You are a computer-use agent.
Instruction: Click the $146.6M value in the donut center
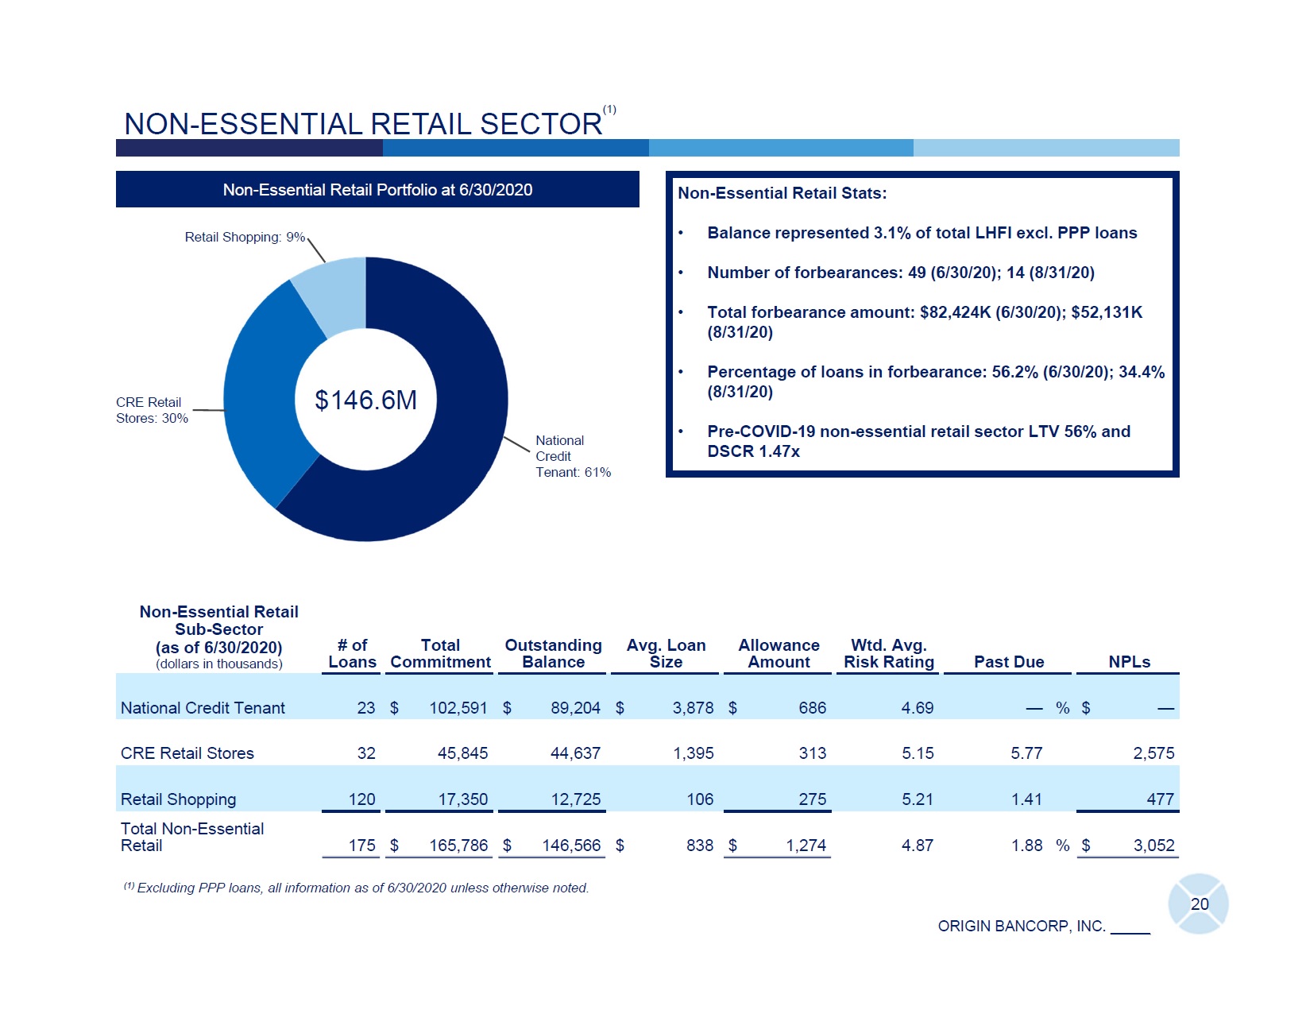(365, 400)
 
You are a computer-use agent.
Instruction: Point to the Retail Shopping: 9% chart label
(245, 237)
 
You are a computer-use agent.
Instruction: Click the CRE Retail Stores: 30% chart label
(152, 410)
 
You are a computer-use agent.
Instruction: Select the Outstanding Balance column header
(553, 653)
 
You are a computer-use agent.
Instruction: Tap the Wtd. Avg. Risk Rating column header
(888, 653)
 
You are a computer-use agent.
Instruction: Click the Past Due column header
(1009, 662)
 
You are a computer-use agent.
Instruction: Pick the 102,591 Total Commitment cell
(458, 708)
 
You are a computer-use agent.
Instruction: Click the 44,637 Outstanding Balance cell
(575, 753)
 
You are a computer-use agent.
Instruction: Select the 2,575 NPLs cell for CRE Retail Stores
(1153, 753)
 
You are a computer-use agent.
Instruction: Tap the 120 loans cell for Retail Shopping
(362, 799)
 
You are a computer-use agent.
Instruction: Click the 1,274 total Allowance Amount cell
(806, 846)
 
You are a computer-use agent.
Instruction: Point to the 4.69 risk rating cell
(918, 708)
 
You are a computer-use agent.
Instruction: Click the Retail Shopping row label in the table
(178, 799)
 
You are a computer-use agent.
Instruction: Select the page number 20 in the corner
(1199, 904)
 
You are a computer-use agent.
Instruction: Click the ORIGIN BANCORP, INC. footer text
(1022, 926)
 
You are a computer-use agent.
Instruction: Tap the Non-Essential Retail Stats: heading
(782, 193)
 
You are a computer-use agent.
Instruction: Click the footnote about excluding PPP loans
(357, 888)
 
